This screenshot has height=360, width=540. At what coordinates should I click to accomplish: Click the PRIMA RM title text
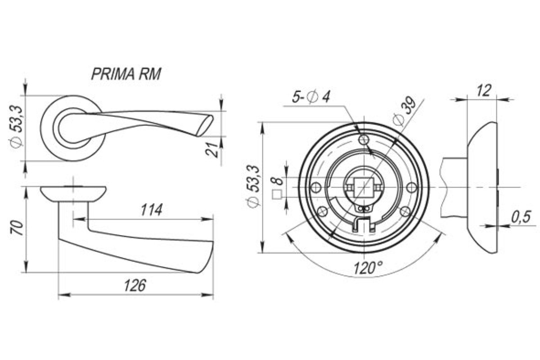pos(126,74)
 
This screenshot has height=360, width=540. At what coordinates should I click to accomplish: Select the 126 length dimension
pos(135,285)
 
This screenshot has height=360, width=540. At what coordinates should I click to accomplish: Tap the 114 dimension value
pos(152,210)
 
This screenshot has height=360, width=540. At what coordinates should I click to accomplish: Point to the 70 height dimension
pos(17,228)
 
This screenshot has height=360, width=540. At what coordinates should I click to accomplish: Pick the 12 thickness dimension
pos(484,90)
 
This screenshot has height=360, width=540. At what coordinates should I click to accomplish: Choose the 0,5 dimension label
pos(521,217)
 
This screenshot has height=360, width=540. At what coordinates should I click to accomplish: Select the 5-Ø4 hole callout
pos(311,97)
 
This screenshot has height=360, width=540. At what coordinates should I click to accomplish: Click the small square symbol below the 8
pos(277,194)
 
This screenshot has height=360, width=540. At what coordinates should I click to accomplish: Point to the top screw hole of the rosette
pos(364,139)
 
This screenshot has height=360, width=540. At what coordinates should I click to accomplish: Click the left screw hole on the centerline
pos(316,187)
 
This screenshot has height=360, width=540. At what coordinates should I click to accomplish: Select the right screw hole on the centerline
pos(411,187)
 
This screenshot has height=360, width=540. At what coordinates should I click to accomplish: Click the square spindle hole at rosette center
pos(364,187)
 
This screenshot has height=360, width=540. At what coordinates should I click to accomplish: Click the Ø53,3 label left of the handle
pos(17,126)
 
